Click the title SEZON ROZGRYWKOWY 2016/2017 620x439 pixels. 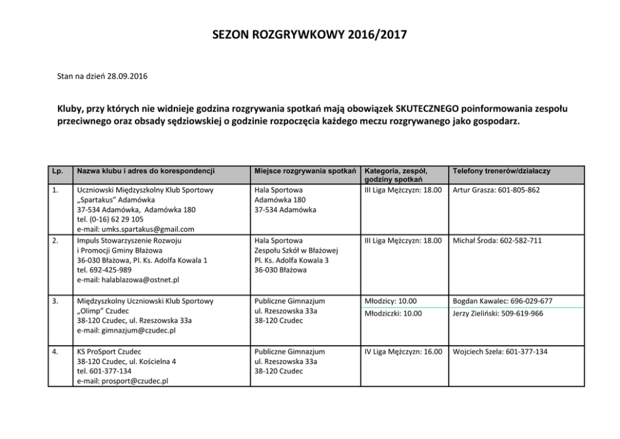click(x=309, y=36)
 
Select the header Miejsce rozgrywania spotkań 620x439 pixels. click(x=304, y=170)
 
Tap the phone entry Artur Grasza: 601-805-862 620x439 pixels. click(x=496, y=189)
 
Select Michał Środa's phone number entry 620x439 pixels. click(x=497, y=240)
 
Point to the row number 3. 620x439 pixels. click(x=56, y=301)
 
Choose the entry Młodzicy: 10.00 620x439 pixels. click(x=390, y=301)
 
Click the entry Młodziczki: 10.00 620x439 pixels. click(x=393, y=313)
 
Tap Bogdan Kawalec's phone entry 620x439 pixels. click(x=502, y=301)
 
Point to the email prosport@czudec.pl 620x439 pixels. click(x=122, y=381)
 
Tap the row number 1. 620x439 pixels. click(x=56, y=189)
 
